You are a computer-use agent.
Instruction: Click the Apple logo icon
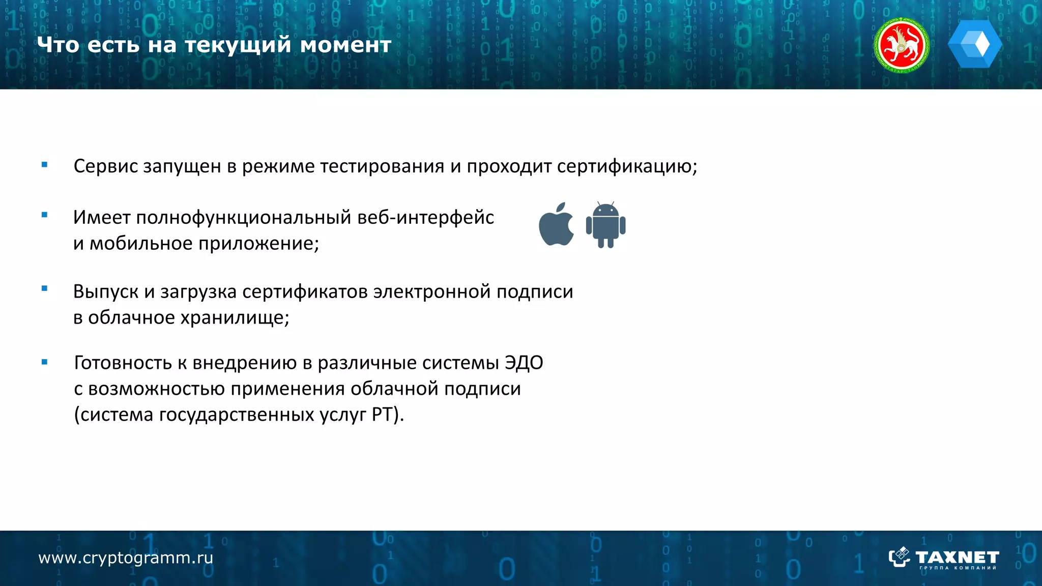click(x=556, y=225)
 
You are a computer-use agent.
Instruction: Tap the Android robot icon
click(x=605, y=225)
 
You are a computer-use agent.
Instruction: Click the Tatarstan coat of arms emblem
click(x=902, y=45)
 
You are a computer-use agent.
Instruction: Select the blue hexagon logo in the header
click(x=974, y=44)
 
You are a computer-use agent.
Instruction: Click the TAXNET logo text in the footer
click(x=957, y=557)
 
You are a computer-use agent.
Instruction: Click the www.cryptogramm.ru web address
click(x=126, y=558)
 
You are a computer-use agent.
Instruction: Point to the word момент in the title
click(x=345, y=45)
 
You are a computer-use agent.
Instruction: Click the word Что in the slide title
click(x=59, y=45)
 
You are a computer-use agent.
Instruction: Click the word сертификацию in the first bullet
click(x=626, y=166)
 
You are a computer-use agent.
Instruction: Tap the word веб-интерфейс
click(x=425, y=218)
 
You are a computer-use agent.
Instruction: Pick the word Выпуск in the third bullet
click(x=106, y=292)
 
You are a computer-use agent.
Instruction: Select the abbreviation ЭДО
click(x=524, y=363)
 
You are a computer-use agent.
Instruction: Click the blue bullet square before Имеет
click(x=45, y=215)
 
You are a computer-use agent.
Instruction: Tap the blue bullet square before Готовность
click(x=45, y=362)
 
